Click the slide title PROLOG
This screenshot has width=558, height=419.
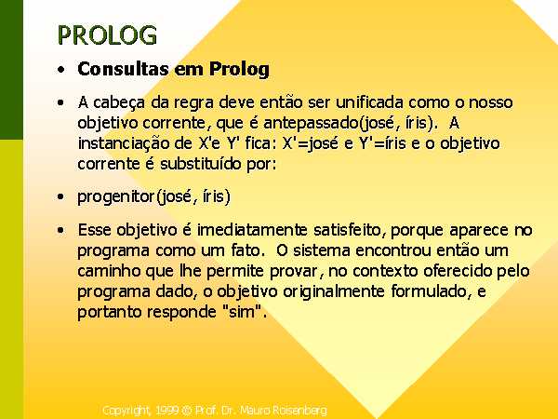tap(107, 35)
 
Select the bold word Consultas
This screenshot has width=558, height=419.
tap(123, 68)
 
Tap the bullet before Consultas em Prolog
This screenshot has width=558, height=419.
tap(61, 70)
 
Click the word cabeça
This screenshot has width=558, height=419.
tap(119, 103)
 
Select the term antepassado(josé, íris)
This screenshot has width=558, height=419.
tap(351, 123)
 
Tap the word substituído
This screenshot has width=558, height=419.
tap(200, 164)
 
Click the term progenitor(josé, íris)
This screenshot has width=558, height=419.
tap(154, 196)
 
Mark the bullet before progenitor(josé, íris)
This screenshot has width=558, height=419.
tap(61, 196)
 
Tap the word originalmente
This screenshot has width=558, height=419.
tap(334, 291)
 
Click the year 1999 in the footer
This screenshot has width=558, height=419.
tap(166, 411)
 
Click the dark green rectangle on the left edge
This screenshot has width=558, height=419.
tap(11, 70)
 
